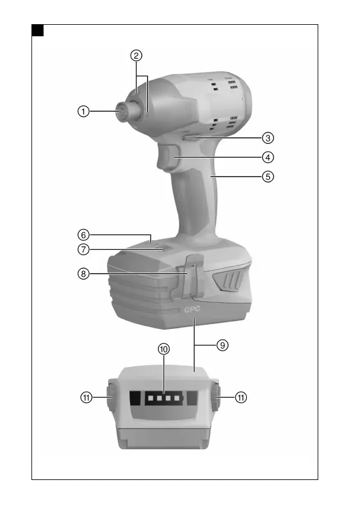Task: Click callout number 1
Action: pyautogui.click(x=83, y=111)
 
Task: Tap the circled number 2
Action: pyautogui.click(x=136, y=56)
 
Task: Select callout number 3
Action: pyautogui.click(x=267, y=138)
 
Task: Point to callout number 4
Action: pyautogui.click(x=267, y=157)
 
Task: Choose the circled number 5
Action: pyautogui.click(x=267, y=177)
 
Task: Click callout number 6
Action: pyautogui.click(x=83, y=235)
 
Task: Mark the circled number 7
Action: pyautogui.click(x=83, y=249)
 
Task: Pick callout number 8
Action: pyautogui.click(x=83, y=274)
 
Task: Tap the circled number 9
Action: pyautogui.click(x=222, y=345)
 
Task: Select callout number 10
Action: pyautogui.click(x=164, y=349)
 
